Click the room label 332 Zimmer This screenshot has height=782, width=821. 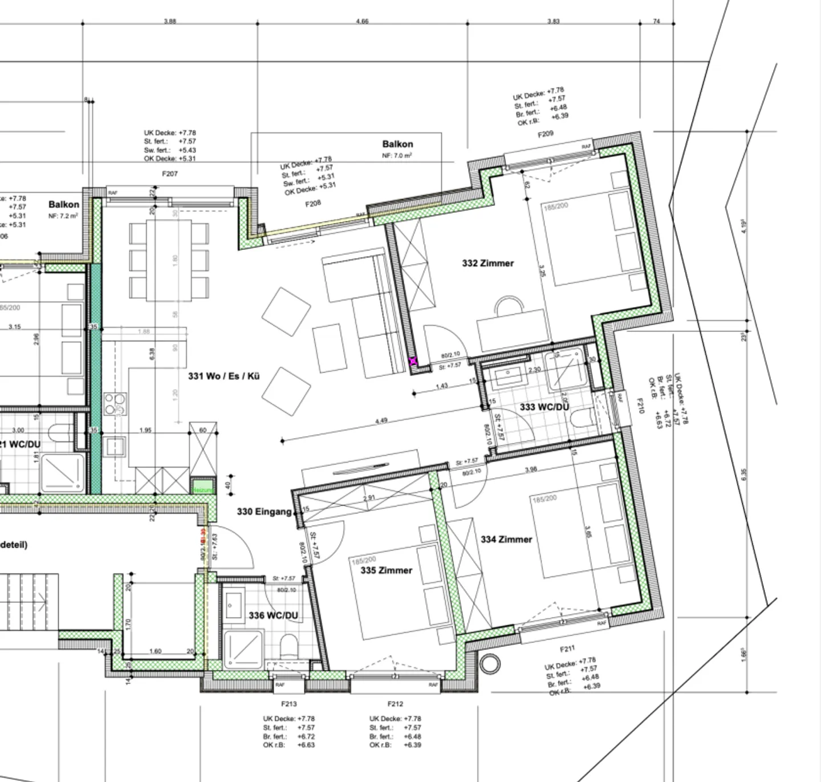(x=487, y=263)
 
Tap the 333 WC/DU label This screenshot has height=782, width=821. (x=544, y=407)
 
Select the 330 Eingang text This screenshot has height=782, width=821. (x=264, y=512)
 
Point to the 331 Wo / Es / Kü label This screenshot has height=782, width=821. (x=224, y=376)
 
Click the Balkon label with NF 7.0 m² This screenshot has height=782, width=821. (x=397, y=144)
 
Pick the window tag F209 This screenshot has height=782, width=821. (x=546, y=135)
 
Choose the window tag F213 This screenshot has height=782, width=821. (x=288, y=704)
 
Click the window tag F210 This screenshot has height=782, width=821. (x=639, y=406)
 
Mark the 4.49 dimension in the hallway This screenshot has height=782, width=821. (x=381, y=421)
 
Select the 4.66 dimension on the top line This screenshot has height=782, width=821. (x=362, y=21)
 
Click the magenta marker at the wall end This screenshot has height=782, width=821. (x=413, y=361)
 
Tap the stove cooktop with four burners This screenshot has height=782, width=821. (x=115, y=404)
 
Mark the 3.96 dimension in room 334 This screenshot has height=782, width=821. (x=530, y=469)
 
